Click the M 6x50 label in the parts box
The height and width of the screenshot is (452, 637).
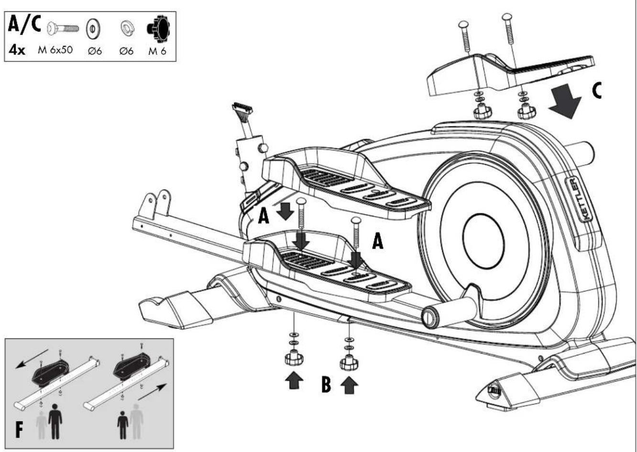point(55,50)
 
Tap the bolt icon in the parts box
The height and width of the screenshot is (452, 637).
point(63,29)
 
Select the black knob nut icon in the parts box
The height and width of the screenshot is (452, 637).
point(158,29)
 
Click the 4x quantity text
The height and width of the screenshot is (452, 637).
point(17,50)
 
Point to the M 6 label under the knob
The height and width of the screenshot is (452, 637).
point(157,51)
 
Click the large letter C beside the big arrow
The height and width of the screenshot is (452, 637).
point(597,90)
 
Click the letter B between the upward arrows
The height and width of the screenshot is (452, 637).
point(326,384)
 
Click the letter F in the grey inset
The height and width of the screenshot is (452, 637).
point(19,430)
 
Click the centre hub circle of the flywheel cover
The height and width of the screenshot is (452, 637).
point(483,241)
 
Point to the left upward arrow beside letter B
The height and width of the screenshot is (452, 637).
point(294,381)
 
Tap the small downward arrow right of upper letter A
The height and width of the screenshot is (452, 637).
point(285,211)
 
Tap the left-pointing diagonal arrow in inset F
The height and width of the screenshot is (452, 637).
point(32,359)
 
